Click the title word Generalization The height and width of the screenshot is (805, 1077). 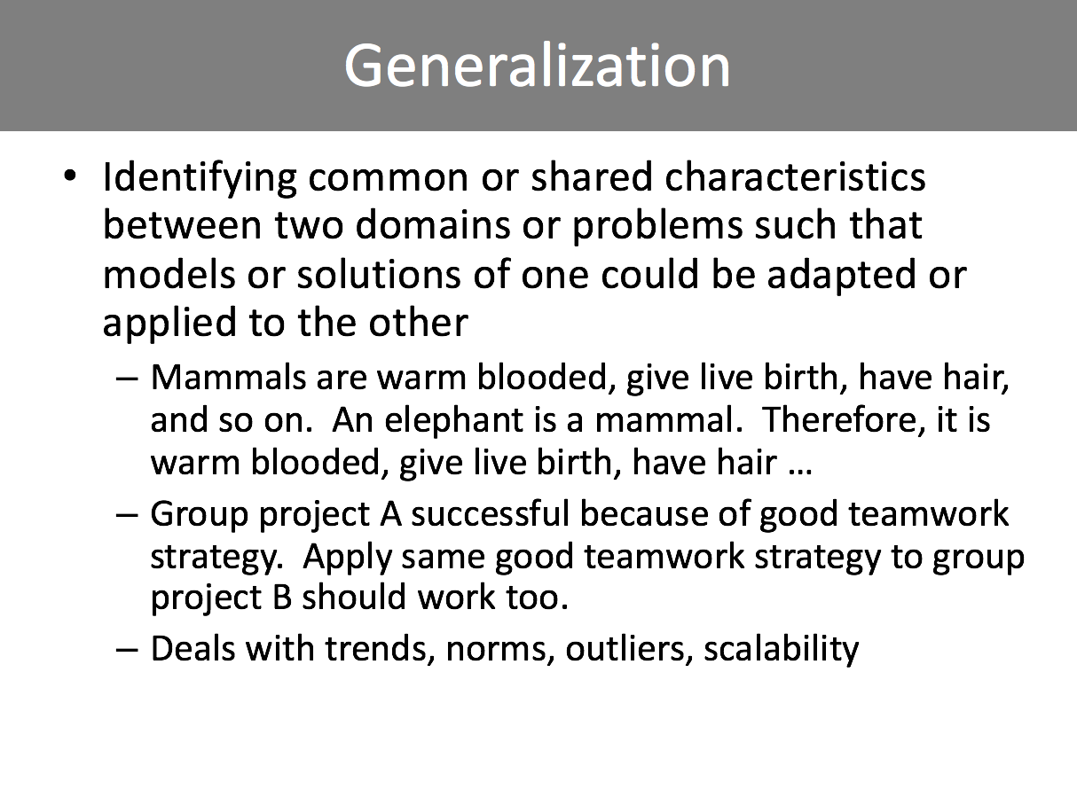tap(538, 66)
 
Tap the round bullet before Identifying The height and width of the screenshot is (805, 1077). tap(70, 176)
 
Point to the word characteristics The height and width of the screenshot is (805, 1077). tap(795, 176)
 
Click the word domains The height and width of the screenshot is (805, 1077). tap(432, 225)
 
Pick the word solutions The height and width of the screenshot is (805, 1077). tap(378, 274)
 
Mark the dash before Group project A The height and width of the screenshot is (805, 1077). tap(127, 516)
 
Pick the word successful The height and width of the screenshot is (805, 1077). tap(490, 514)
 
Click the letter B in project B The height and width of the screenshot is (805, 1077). tap(282, 598)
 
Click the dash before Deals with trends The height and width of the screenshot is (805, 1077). tap(127, 651)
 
